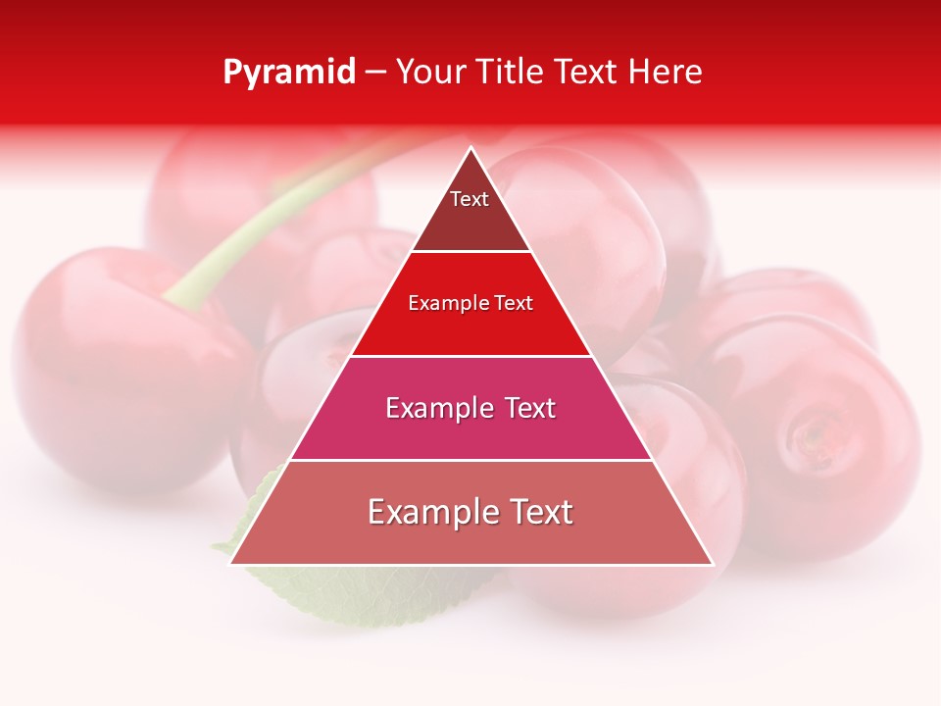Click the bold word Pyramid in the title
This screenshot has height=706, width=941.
click(x=288, y=73)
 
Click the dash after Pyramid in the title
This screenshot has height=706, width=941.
click(x=374, y=73)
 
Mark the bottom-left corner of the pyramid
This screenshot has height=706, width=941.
click(x=231, y=564)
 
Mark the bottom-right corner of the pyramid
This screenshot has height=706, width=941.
click(x=713, y=564)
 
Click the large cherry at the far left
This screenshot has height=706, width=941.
click(x=118, y=373)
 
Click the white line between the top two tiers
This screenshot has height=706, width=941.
click(x=471, y=252)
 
